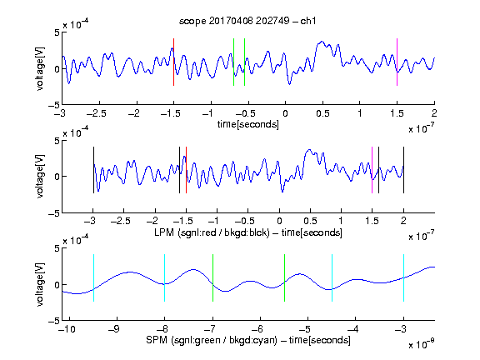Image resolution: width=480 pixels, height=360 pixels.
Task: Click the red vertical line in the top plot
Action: pos(173,62)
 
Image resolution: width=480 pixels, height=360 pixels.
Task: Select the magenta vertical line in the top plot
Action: pos(397,62)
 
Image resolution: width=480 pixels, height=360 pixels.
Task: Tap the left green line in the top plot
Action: pos(233,62)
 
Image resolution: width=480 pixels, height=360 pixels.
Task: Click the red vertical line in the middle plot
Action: pos(186,170)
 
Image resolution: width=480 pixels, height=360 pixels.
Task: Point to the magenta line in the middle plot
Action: pos(372,170)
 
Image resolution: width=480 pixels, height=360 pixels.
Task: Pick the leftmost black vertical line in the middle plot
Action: pos(93,170)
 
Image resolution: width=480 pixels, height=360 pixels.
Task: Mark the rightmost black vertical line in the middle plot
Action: pos(403,170)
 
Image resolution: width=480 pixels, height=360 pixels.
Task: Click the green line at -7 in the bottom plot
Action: pos(212,278)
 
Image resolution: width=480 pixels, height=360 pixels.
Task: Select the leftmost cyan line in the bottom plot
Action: pos(93,278)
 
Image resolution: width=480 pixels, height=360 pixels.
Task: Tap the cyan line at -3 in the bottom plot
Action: pos(403,278)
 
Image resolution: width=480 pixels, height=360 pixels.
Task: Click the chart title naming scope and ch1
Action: pos(247,21)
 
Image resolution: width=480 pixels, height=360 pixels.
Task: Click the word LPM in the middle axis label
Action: pos(164,232)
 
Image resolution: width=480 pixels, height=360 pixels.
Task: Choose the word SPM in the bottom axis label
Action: pos(157,340)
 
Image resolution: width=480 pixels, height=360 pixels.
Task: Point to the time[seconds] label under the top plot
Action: pos(248,124)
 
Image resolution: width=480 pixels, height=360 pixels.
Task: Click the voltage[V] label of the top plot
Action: pos(40,68)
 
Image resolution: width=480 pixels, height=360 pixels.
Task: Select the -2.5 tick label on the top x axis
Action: pos(97,113)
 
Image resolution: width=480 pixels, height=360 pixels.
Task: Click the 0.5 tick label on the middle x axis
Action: pos(310,221)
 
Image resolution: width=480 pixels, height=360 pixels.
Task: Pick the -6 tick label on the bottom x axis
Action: pos(257,329)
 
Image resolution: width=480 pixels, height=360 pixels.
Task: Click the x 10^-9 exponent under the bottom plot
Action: pos(422,344)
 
